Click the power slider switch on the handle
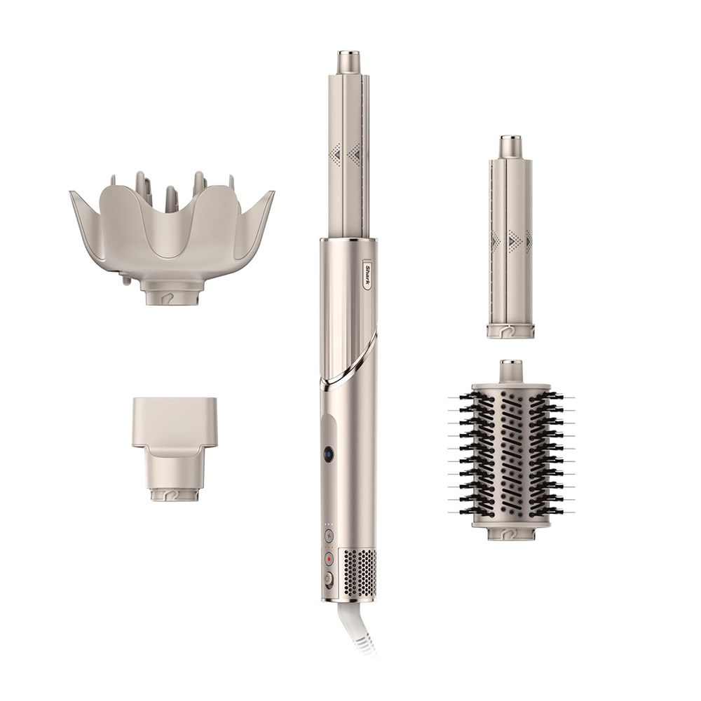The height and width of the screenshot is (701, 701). tap(327, 579)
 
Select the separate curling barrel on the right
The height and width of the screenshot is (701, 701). tap(510, 238)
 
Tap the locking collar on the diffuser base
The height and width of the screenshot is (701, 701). tap(171, 294)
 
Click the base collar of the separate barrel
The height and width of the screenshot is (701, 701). tap(510, 330)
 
